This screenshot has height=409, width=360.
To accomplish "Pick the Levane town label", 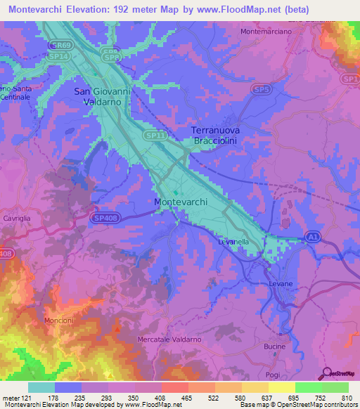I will tap(281, 283).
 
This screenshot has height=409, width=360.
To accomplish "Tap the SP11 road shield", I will tap(154, 134).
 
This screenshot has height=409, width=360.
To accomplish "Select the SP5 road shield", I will tap(262, 89).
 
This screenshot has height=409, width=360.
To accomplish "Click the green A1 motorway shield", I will tap(311, 238).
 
